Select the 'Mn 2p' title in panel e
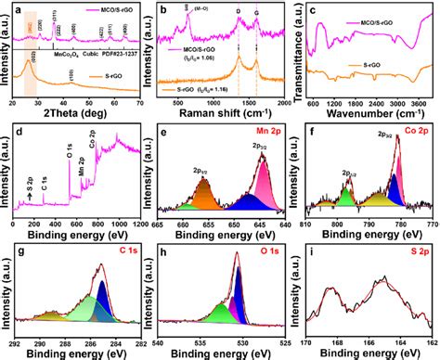262,127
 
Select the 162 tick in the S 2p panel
431,342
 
